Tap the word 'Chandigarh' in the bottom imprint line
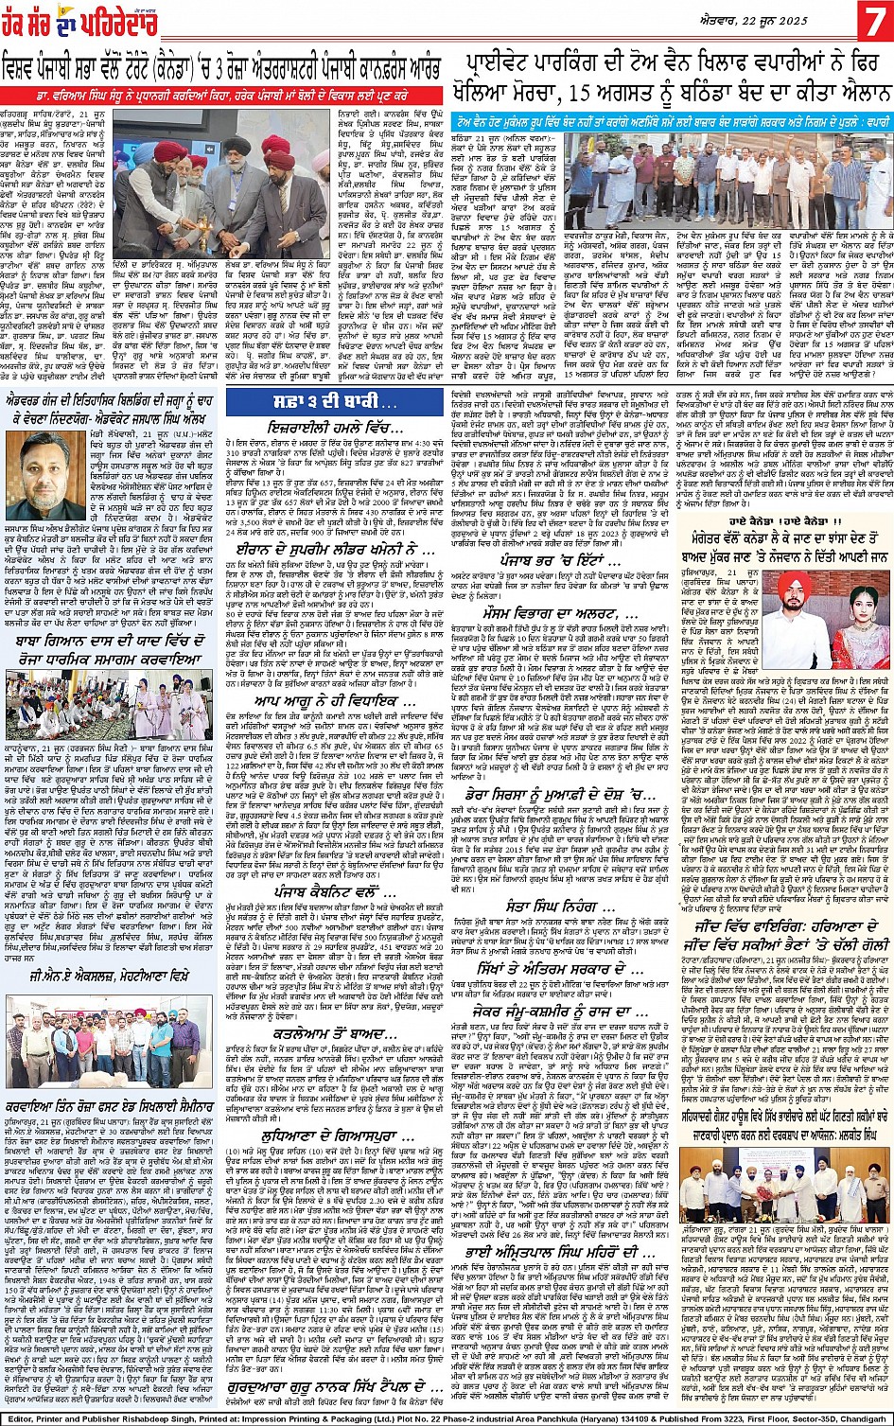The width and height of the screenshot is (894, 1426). [860, 1417]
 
